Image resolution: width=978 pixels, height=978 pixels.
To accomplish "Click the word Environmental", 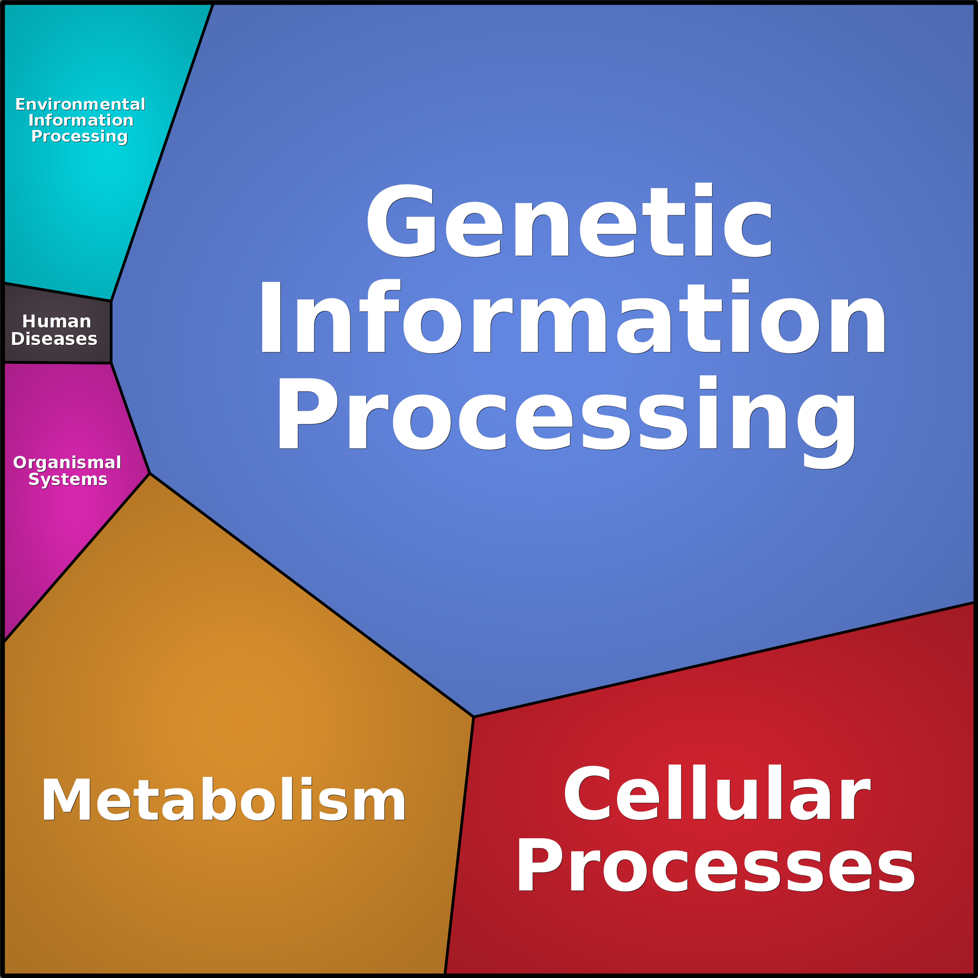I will (80, 104).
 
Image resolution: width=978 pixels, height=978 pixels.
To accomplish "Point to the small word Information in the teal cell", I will (81, 120).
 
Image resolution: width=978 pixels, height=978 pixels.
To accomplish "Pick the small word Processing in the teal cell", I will (79, 137).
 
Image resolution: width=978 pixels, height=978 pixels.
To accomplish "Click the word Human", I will (57, 322).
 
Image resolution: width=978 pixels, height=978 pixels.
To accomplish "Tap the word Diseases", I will (54, 339).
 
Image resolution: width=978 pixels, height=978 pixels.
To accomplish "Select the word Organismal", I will (67, 462).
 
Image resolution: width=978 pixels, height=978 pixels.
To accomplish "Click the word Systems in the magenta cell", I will (68, 479).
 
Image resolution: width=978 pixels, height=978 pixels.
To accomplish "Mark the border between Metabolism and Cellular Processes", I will (459, 845).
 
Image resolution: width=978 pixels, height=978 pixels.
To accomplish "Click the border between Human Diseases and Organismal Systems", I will (57, 363).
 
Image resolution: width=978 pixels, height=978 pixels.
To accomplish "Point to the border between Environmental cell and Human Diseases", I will (57, 292).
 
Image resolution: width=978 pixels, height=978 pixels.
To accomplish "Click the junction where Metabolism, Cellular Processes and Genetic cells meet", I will (473, 717).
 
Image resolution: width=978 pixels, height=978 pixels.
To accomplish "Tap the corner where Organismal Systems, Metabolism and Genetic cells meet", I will (150, 473).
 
